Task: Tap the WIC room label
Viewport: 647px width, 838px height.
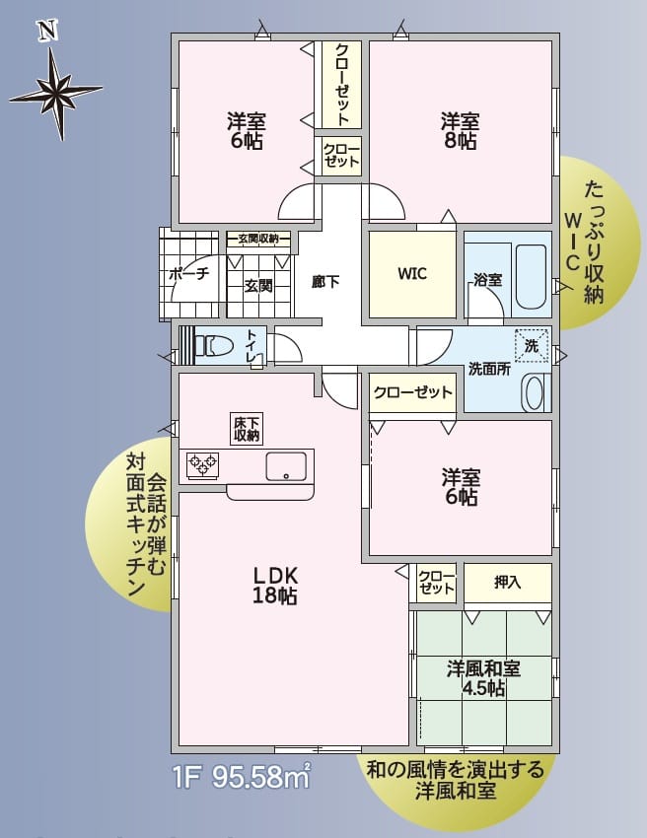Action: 412,274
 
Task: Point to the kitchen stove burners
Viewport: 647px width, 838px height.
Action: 204,463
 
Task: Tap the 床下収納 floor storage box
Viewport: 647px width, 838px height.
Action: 247,428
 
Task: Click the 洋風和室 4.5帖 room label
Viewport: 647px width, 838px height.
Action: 483,678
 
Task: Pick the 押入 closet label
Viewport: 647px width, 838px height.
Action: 507,583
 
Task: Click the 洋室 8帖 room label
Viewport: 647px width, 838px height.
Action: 460,131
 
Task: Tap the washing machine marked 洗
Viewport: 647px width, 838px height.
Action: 532,346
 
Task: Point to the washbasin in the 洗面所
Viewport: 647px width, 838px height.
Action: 534,392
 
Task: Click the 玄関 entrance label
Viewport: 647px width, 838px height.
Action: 257,286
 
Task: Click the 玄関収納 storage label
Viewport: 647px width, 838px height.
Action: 257,239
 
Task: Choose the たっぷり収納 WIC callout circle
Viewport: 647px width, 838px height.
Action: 592,242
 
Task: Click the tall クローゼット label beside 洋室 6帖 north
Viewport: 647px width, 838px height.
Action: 341,84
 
